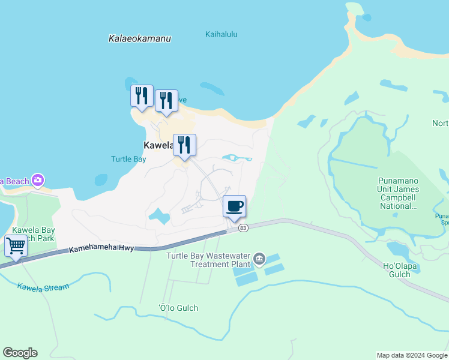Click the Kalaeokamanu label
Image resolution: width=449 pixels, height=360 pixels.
[140, 38]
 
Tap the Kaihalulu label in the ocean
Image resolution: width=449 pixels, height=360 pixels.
[221, 34]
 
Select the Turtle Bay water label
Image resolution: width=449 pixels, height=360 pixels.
[128, 159]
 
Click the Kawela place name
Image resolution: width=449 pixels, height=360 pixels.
[158, 145]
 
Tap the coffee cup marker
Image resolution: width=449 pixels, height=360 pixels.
[234, 207]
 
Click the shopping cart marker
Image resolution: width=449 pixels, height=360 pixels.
[16, 245]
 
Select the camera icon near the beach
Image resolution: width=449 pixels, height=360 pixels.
[38, 179]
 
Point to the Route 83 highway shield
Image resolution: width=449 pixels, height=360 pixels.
[243, 228]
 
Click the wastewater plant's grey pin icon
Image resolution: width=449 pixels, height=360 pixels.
[259, 259]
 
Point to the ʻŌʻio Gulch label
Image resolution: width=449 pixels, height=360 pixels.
[178, 308]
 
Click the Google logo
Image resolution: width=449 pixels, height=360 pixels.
[20, 353]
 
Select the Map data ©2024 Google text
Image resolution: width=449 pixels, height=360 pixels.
[411, 355]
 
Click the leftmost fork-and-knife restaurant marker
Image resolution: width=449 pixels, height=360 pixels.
[142, 96]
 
